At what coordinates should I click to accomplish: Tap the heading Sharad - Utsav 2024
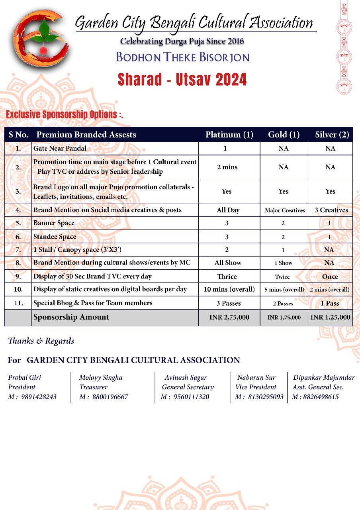click(182, 80)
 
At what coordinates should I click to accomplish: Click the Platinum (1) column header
click(229, 135)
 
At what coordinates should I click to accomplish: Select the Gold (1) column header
click(284, 135)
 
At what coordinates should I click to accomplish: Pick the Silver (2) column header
click(332, 135)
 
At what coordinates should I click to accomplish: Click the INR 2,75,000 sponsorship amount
click(229, 318)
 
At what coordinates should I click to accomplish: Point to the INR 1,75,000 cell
click(284, 318)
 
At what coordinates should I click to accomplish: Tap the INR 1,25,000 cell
click(330, 318)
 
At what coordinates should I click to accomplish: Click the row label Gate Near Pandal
click(60, 149)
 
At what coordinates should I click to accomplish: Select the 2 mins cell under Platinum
click(227, 167)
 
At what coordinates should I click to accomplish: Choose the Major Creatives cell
click(285, 210)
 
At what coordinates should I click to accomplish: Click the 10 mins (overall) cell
click(229, 289)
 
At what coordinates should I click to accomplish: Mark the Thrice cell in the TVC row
click(227, 277)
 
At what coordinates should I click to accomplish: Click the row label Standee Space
click(55, 237)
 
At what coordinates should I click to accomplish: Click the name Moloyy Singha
click(101, 377)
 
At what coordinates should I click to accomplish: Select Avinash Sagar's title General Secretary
click(188, 387)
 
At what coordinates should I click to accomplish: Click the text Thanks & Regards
click(41, 341)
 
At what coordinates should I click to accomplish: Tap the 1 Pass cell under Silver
click(330, 303)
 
